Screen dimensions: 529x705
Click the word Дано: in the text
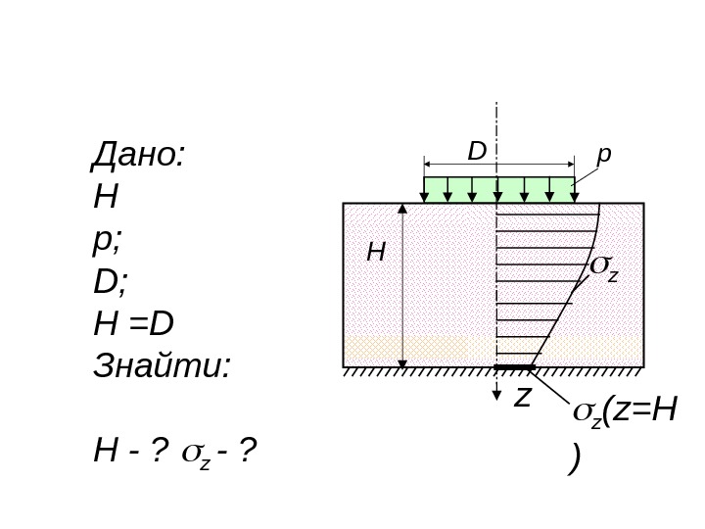pyautogui.click(x=138, y=156)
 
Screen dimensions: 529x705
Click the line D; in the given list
pyautogui.click(x=111, y=282)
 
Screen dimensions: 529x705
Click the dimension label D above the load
pyautogui.click(x=476, y=152)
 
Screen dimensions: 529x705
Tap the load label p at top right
pyautogui.click(x=604, y=155)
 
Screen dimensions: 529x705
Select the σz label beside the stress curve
pyautogui.click(x=603, y=269)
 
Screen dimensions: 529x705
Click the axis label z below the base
pyautogui.click(x=523, y=396)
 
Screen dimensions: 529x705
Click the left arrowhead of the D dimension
pyautogui.click(x=428, y=164)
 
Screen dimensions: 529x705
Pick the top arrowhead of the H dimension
pyautogui.click(x=401, y=209)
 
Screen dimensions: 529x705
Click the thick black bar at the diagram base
pyautogui.click(x=514, y=367)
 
